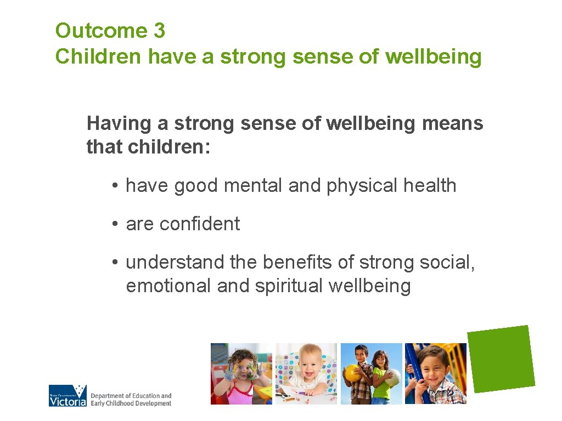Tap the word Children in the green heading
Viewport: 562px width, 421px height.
tap(98, 56)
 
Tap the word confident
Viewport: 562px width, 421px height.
tap(200, 224)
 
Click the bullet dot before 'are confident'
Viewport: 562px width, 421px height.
tap(114, 224)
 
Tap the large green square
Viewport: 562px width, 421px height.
tap(501, 359)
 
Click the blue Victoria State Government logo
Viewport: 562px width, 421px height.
tap(68, 395)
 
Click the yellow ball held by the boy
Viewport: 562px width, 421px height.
tap(352, 373)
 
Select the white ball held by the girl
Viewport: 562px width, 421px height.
tap(392, 377)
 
